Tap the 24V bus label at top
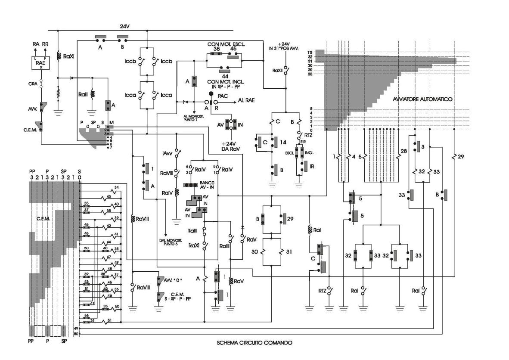pyautogui.click(x=124, y=26)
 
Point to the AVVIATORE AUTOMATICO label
pyautogui.click(x=422, y=99)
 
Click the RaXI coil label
pyautogui.click(x=69, y=56)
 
